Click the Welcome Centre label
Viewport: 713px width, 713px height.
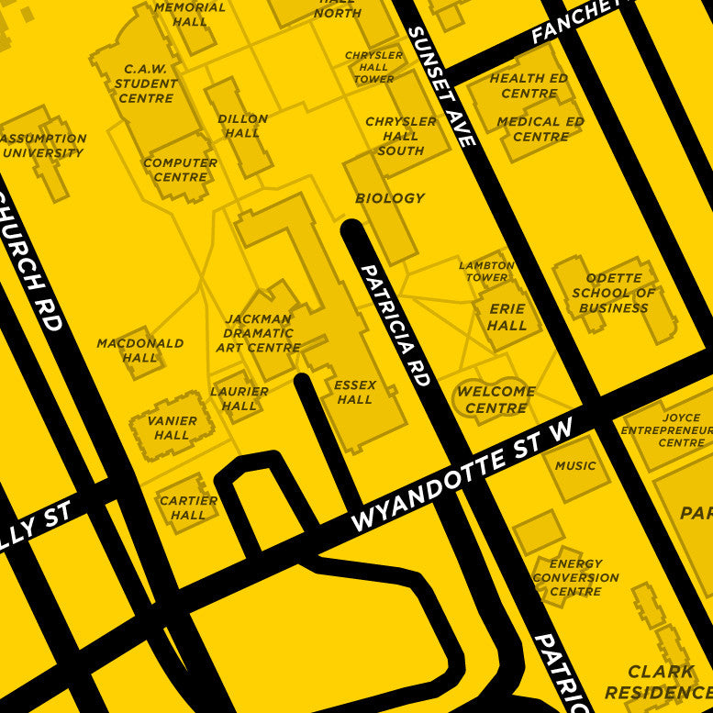pos(496,399)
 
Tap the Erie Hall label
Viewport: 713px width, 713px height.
pos(507,317)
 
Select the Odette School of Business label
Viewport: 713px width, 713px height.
pos(614,293)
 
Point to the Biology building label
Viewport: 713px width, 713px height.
pos(390,198)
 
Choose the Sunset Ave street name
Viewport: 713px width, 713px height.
pos(440,86)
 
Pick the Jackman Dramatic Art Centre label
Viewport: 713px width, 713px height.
pos(259,333)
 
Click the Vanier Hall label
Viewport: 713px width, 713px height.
pos(172,428)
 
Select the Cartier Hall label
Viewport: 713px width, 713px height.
pos(188,507)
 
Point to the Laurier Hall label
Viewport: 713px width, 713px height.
pos(240,398)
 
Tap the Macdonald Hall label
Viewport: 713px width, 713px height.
pos(140,350)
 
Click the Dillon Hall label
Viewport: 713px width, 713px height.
pos(242,126)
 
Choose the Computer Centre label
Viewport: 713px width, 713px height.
pos(180,170)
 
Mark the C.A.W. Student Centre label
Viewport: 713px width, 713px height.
pos(146,84)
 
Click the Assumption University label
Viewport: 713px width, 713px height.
pos(43,146)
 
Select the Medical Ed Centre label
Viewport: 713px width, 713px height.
pos(540,128)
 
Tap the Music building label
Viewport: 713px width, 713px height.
pos(575,466)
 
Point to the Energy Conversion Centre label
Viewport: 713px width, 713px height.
pos(575,577)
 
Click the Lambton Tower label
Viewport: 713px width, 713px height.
pos(486,272)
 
